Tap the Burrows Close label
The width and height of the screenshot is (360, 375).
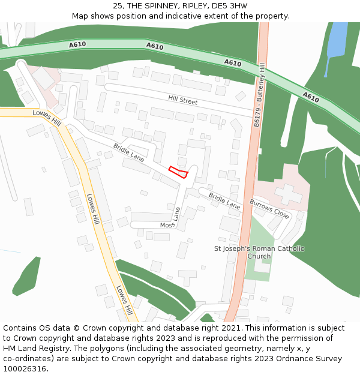point(269,208)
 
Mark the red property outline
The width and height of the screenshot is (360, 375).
point(179,172)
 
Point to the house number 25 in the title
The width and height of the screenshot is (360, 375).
point(118,6)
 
